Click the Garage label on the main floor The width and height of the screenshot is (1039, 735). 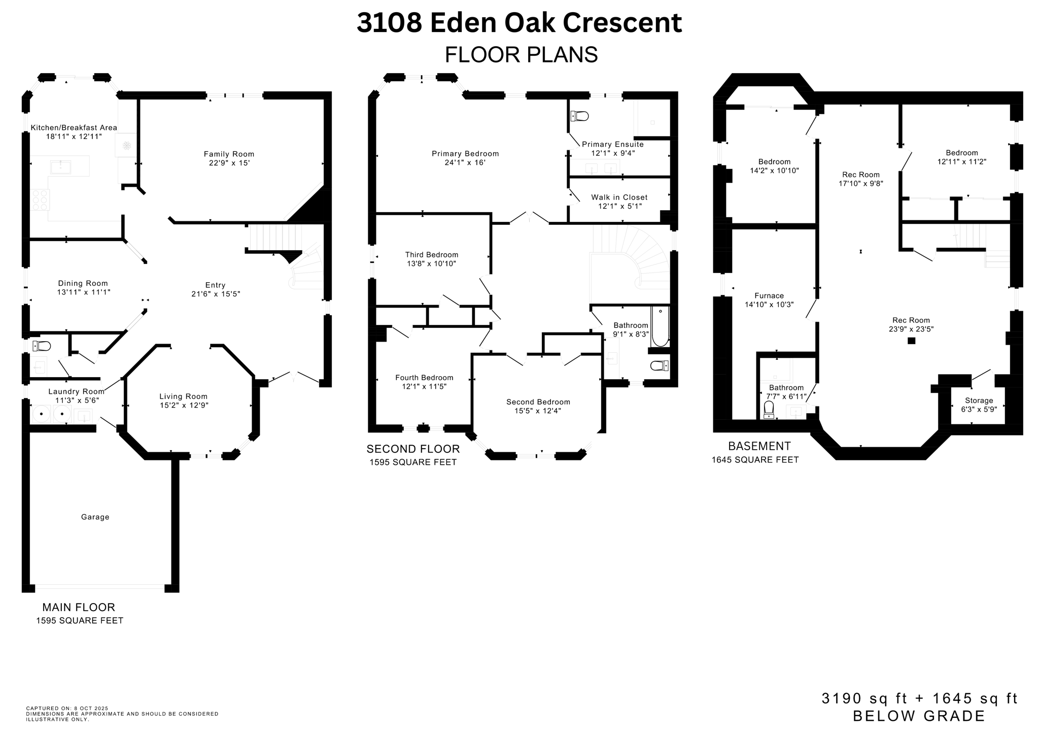click(95, 517)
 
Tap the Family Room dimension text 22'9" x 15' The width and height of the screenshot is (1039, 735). click(229, 163)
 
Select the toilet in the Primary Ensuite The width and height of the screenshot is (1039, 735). click(579, 116)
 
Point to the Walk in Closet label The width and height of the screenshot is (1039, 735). click(619, 197)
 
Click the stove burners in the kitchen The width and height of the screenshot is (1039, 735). click(40, 199)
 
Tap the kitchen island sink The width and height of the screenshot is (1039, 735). click(61, 166)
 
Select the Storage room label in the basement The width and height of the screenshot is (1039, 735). click(979, 400)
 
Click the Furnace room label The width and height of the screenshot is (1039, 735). click(769, 295)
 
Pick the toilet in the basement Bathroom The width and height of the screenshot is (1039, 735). click(769, 409)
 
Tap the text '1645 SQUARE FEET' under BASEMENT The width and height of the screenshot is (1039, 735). click(755, 460)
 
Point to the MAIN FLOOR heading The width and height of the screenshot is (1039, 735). click(79, 607)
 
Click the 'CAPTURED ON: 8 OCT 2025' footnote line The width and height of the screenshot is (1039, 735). click(67, 708)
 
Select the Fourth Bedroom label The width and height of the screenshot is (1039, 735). click(424, 378)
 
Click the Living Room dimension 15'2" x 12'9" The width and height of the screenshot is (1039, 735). click(183, 405)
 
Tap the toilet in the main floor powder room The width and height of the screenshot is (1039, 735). click(42, 346)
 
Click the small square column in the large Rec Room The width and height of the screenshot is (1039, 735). click(911, 341)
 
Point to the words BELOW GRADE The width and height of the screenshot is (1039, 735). click(919, 716)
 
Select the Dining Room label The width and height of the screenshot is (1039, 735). click(83, 283)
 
